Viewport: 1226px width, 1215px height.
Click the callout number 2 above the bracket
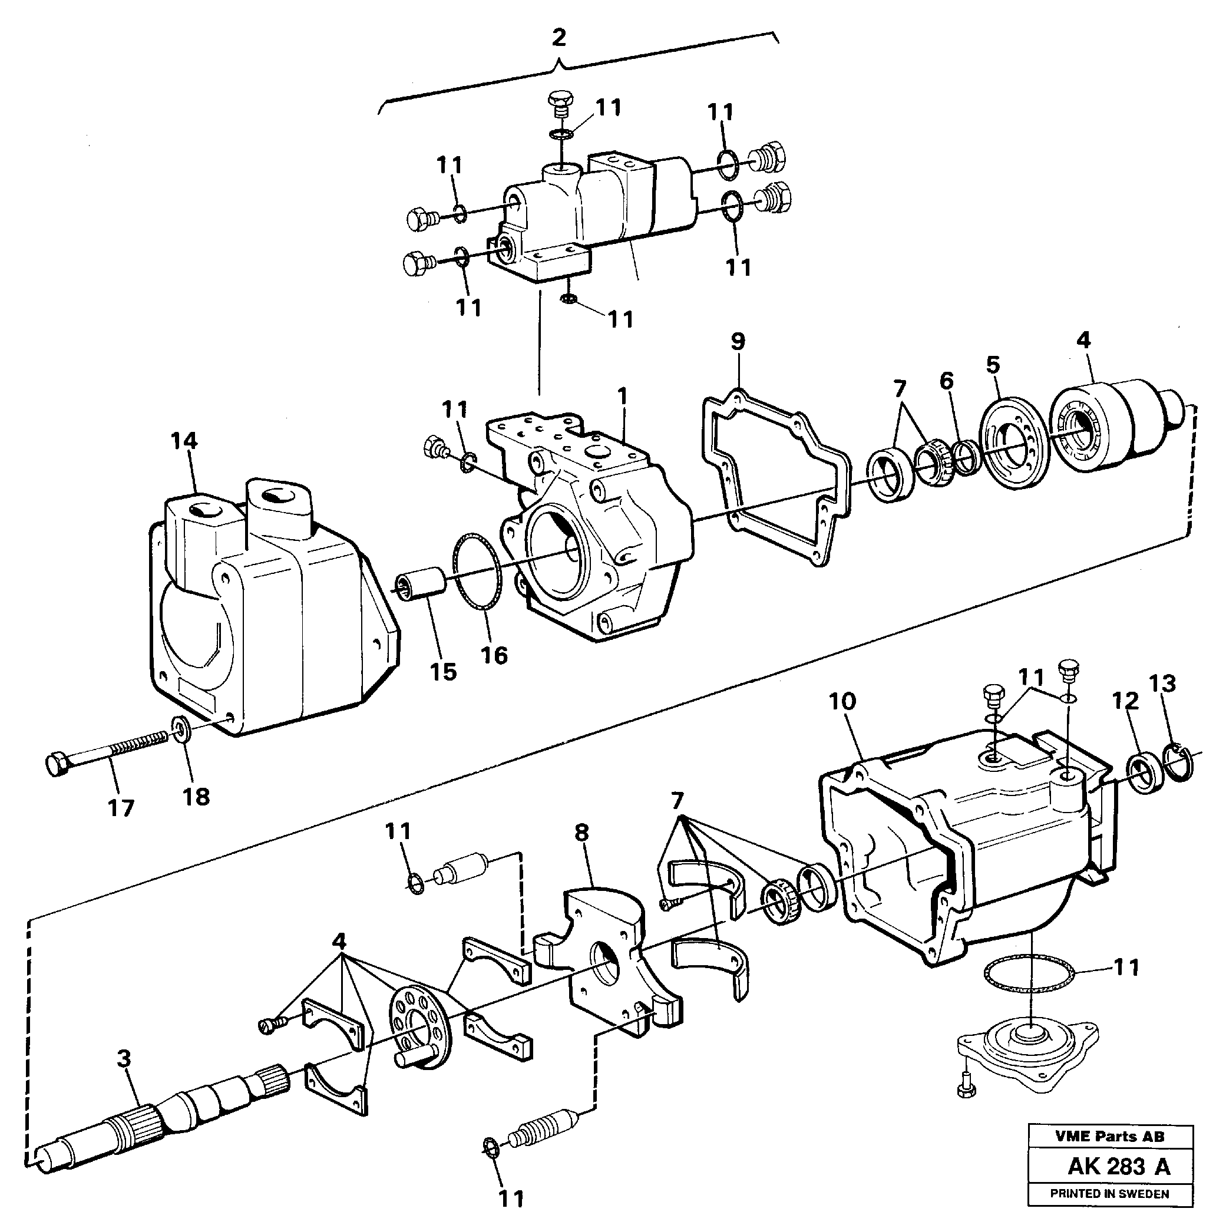click(x=558, y=38)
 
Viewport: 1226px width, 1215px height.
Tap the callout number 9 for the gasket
click(x=738, y=342)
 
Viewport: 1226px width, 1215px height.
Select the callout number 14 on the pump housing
click(x=184, y=441)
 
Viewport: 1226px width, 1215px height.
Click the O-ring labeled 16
click(x=477, y=572)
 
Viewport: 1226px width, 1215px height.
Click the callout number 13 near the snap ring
click(x=1162, y=684)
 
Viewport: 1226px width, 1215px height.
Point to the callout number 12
click(x=1125, y=701)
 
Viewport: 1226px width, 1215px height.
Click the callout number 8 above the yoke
click(x=582, y=832)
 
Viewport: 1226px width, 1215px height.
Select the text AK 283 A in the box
click(x=1119, y=1166)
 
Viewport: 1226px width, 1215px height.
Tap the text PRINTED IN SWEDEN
click(x=1109, y=1194)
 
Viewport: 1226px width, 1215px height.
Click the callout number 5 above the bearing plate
click(x=993, y=364)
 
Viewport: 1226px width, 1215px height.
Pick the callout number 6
click(x=946, y=381)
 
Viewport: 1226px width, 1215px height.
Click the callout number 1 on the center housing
click(x=623, y=396)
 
